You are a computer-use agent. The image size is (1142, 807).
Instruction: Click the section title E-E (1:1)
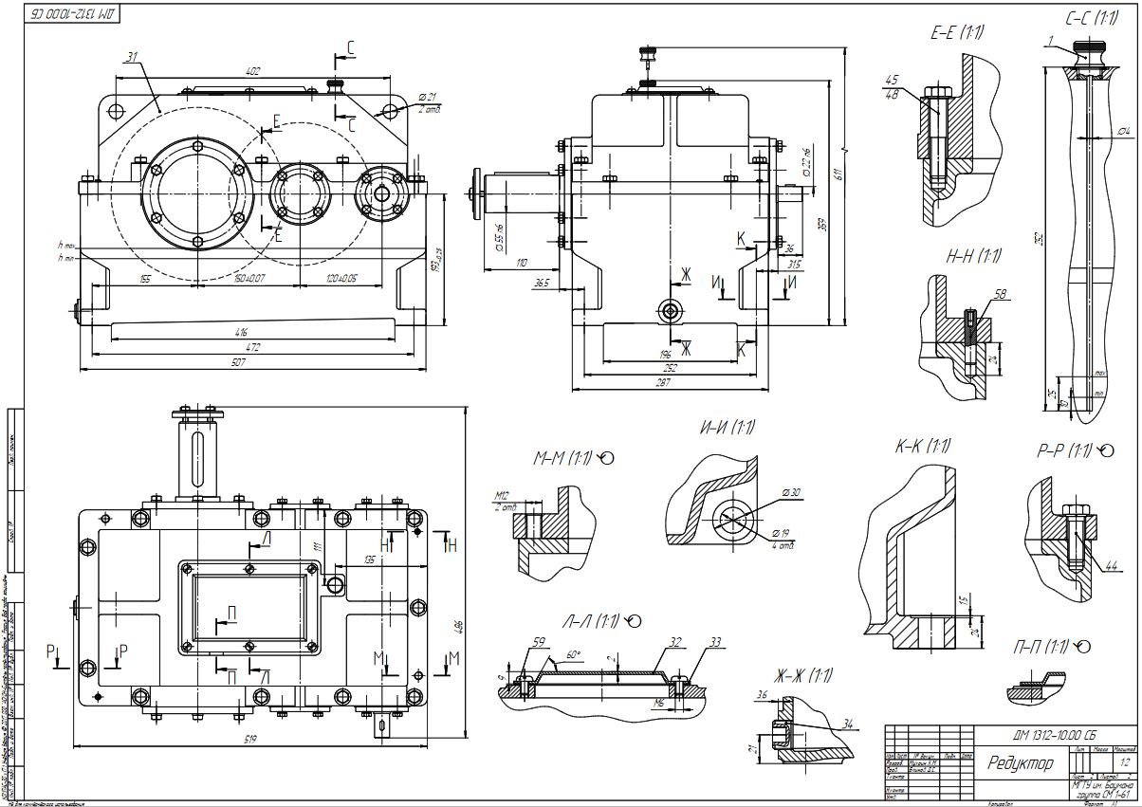(956, 34)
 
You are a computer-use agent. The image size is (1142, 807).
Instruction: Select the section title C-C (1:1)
(1091, 18)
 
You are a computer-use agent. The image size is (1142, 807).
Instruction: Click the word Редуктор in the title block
(1020, 763)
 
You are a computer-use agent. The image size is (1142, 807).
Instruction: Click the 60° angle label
(572, 654)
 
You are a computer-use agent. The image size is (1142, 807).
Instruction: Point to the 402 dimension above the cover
(252, 72)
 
